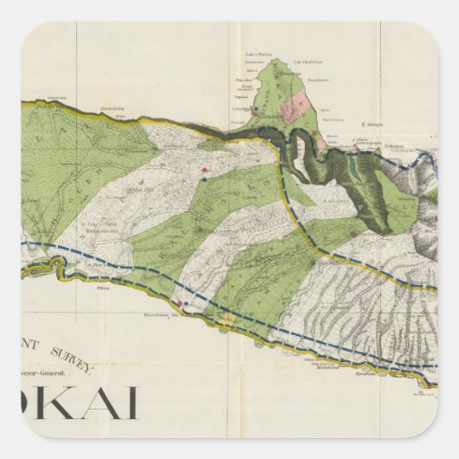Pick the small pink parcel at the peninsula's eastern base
[x=322, y=141]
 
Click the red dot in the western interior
[x=204, y=170]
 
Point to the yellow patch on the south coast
[x=227, y=320]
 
